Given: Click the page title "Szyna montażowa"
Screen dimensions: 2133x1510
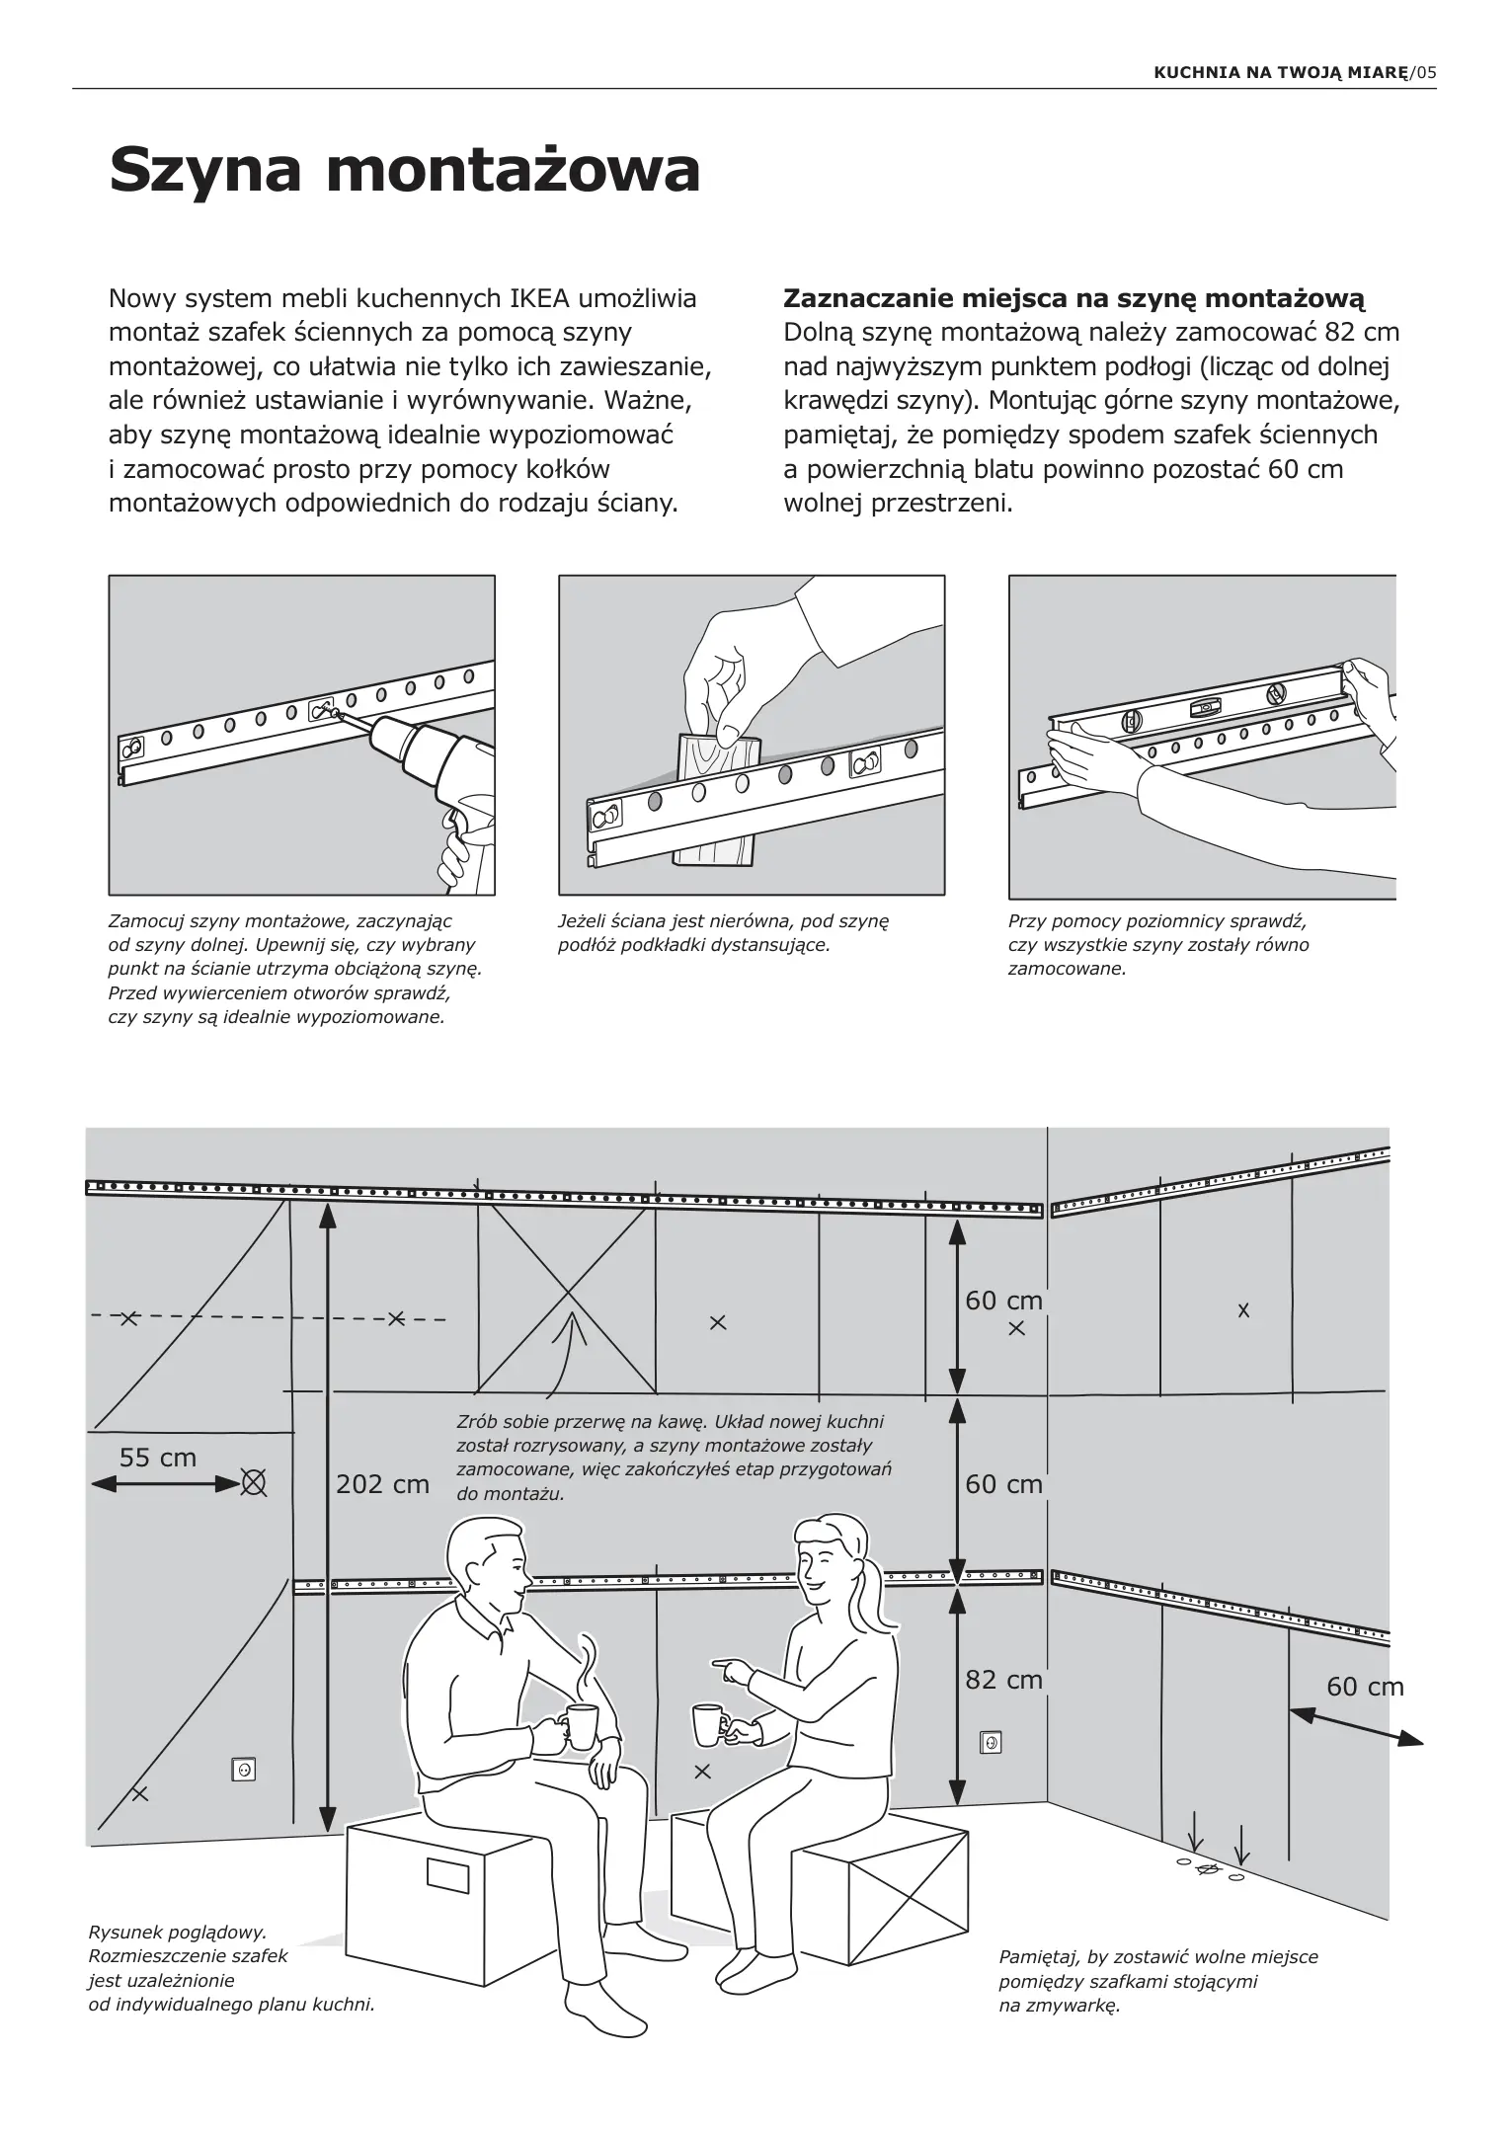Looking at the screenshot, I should pyautogui.click(x=404, y=170).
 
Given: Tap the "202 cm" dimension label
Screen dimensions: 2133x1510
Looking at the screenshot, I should pyautogui.click(x=382, y=1484).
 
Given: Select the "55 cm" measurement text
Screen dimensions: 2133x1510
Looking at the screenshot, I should pyautogui.click(x=158, y=1458).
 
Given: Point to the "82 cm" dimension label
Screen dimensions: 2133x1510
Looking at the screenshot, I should pyautogui.click(x=1003, y=1679).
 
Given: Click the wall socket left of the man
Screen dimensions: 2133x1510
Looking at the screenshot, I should pyautogui.click(x=243, y=1770).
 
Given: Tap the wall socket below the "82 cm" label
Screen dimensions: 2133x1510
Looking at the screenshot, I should pyautogui.click(x=991, y=1743).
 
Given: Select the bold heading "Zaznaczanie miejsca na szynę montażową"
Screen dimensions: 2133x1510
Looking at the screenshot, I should pyautogui.click(x=1073, y=298).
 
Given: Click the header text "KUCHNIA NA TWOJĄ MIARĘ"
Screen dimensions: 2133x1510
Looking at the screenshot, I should pyautogui.click(x=1281, y=72).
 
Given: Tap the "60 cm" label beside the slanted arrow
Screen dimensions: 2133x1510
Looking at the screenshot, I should pyautogui.click(x=1365, y=1686).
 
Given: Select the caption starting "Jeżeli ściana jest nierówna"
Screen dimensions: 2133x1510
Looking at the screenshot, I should pyautogui.click(x=723, y=933).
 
